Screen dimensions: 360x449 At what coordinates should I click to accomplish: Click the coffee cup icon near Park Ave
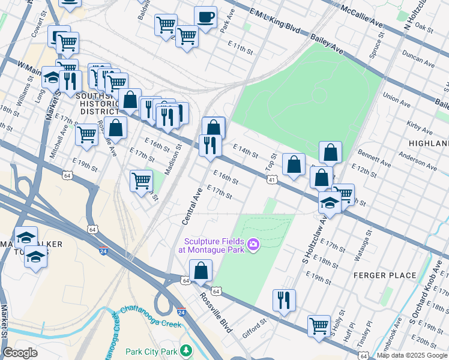pyautogui.click(x=206, y=17)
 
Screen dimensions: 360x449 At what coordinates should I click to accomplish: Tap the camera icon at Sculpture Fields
pyautogui.click(x=253, y=244)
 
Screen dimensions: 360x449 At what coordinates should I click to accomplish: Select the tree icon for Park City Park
pyautogui.click(x=186, y=350)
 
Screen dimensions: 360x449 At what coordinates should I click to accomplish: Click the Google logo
pyautogui.click(x=20, y=353)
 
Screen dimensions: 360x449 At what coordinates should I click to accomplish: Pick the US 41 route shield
pyautogui.click(x=272, y=179)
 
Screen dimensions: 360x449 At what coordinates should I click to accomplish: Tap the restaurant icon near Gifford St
pyautogui.click(x=284, y=299)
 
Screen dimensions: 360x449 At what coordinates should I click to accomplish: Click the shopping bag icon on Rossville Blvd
pyautogui.click(x=201, y=271)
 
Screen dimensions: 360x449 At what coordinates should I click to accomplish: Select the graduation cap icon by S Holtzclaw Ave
pyautogui.click(x=330, y=202)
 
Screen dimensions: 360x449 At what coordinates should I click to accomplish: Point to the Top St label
pyautogui.click(x=271, y=161)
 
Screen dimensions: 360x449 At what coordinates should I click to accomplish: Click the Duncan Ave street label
pyautogui.click(x=420, y=60)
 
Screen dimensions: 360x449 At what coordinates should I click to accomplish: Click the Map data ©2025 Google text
pyautogui.click(x=412, y=355)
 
